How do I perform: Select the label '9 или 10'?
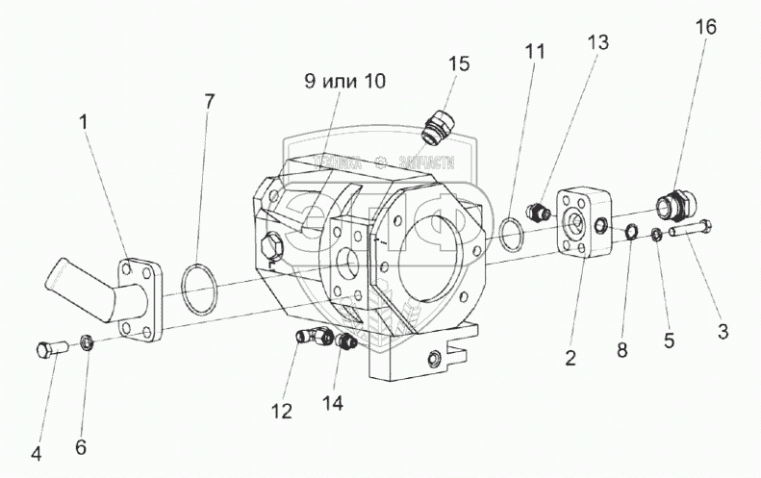(x=344, y=82)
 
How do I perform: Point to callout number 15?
(x=458, y=63)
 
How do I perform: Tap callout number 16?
(x=706, y=27)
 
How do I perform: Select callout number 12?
(x=281, y=413)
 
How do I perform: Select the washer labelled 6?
(x=85, y=342)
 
